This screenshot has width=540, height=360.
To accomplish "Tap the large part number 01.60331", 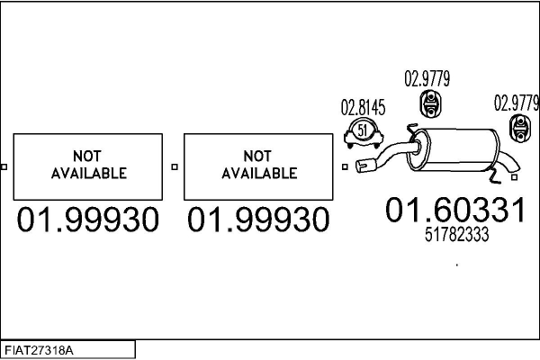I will tap(454, 211).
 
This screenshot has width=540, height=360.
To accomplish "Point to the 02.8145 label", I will tap(363, 108).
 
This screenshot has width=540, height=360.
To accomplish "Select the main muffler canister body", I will tap(458, 149).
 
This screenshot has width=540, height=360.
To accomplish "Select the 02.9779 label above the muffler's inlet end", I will tap(427, 78).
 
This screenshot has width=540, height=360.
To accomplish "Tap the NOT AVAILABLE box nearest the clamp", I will tap(258, 166).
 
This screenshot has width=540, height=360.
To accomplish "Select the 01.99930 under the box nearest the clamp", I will tap(258, 219).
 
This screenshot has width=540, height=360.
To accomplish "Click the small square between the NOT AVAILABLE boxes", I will tap(175, 166).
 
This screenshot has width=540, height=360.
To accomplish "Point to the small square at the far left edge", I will tap(4, 166).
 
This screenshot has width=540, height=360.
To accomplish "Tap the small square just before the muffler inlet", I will tap(344, 166).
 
